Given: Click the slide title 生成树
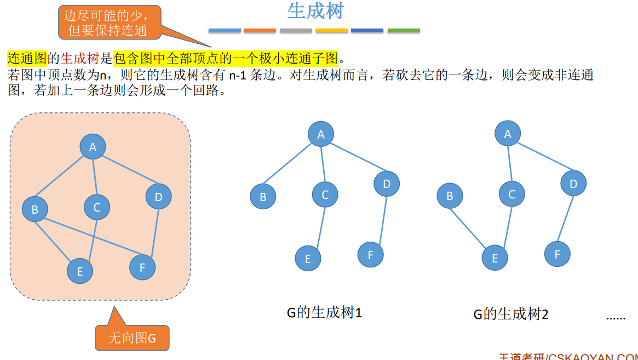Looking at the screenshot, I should pos(315,12).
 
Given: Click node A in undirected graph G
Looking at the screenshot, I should pos(93,146).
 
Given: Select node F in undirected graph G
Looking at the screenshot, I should pos(142,267).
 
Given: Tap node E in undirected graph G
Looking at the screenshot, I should pos(80,271).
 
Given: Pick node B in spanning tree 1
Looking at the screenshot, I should pos(263,197).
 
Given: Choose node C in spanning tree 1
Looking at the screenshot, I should pos(325,195).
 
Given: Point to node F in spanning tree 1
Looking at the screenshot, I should pos(370,254).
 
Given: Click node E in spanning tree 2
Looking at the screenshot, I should pos(495,258).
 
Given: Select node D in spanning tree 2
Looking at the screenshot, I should pos(573,184).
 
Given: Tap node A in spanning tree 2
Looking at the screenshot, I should pos(508,134).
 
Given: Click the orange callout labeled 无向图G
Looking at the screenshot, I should pos(132,338).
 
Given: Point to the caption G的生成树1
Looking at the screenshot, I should pos(324,313).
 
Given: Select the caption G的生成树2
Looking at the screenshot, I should pos(511,314).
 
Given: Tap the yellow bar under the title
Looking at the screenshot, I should pos(331,31).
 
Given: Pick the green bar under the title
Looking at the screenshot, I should pos(404,31).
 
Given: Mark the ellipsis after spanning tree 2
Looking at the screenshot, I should pos(616,317).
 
